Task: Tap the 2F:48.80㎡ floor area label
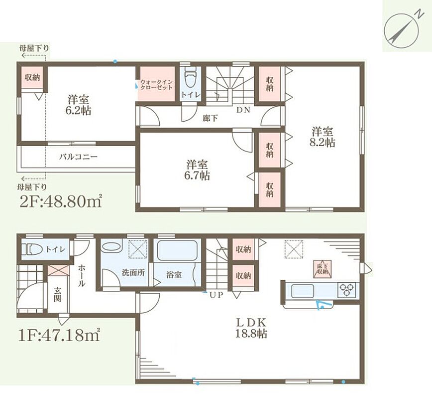[61, 202]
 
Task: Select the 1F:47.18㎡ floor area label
[59, 335]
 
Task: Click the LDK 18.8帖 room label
[251, 328]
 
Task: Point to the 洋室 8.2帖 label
[323, 137]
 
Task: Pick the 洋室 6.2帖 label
[78, 105]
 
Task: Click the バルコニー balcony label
[79, 157]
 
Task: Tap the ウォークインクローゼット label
[156, 84]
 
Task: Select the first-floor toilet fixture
[32, 249]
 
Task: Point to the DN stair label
[243, 110]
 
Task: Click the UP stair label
[216, 295]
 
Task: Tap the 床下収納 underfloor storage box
[322, 268]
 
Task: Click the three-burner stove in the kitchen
[346, 290]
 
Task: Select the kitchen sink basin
[302, 290]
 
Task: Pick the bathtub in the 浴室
[177, 249]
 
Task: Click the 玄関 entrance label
[57, 295]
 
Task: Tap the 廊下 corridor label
[210, 119]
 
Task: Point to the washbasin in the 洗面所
[111, 247]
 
